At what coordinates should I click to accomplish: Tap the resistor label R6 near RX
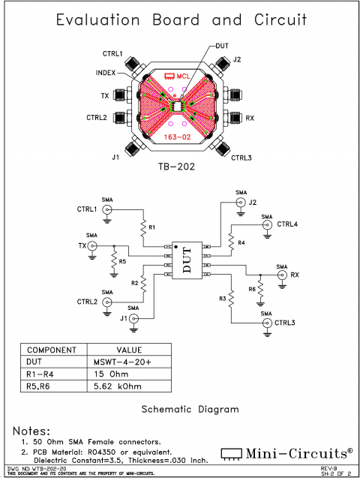point(253,290)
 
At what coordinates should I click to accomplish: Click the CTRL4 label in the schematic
point(286,224)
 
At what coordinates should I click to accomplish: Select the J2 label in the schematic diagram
point(253,202)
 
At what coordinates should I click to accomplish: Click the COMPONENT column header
point(52,350)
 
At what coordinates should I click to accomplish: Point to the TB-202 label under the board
point(177,167)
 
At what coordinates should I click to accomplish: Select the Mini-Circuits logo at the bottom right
point(288,452)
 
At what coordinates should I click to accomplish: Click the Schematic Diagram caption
point(190,410)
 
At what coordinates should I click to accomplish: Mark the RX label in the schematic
point(295,275)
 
